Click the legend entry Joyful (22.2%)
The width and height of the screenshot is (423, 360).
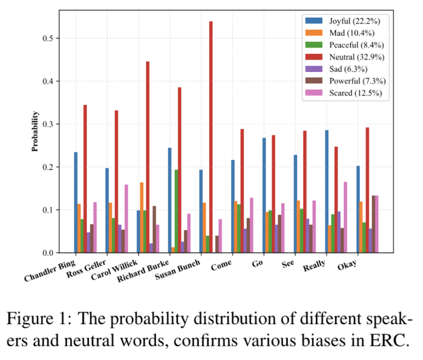[x=347, y=20]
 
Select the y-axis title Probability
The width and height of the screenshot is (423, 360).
[x=36, y=131]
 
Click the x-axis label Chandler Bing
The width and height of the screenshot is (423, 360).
[x=50, y=271]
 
